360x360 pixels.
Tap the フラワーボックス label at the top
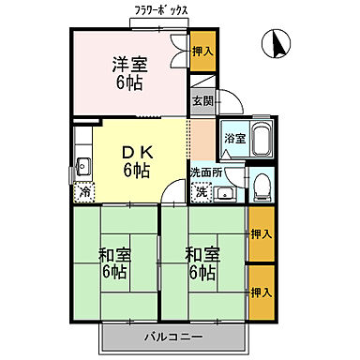click(161, 12)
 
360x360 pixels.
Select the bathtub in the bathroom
click(260, 139)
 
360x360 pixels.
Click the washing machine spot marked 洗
click(200, 193)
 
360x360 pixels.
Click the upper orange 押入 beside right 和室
click(260, 233)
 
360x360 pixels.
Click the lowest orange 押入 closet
click(260, 293)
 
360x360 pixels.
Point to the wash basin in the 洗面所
click(224, 194)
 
